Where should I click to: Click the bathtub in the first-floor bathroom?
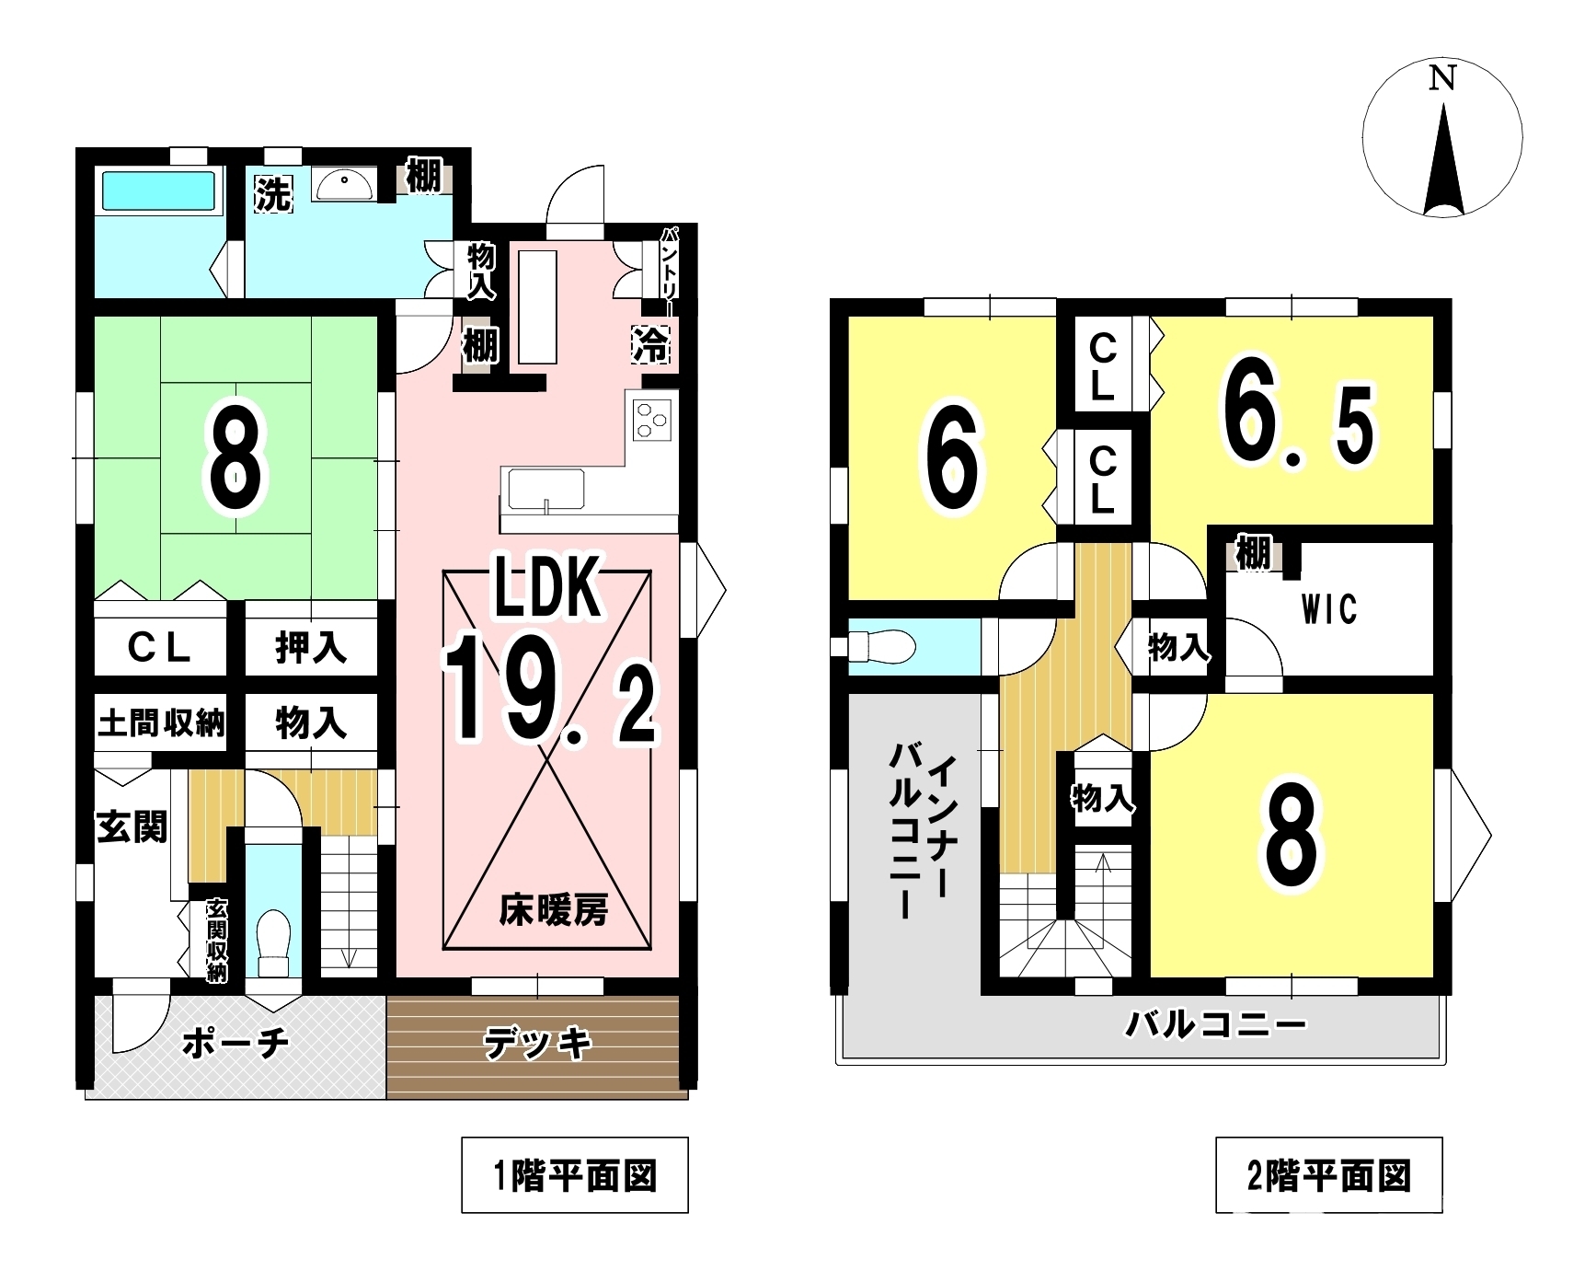160,191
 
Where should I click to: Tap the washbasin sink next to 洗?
343,185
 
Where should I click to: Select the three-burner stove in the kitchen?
652,422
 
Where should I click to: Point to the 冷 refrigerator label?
651,344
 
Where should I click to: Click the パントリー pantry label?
670,263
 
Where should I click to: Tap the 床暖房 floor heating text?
554,910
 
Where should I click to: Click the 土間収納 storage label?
162,723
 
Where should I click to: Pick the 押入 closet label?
311,648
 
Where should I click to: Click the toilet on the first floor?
273,940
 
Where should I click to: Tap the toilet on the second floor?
880,646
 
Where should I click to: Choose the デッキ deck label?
536,1044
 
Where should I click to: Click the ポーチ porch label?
236,1043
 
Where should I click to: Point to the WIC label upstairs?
1329,609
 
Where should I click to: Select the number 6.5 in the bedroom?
1298,421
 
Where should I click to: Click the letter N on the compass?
1441,79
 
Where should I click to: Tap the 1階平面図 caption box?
575,1175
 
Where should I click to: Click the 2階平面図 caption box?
1329,1175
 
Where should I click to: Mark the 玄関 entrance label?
132,826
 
